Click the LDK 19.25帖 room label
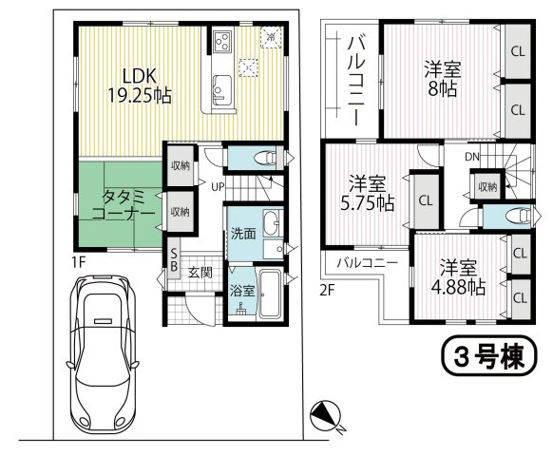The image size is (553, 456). [140, 85]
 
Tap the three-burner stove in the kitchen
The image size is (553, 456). [222, 41]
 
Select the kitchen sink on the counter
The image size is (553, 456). [221, 90]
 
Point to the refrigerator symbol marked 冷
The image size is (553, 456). [271, 37]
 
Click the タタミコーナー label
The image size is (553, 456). [124, 206]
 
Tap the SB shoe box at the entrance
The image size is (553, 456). [174, 259]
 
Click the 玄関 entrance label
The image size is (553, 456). [200, 272]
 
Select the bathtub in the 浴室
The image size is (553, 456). [270, 293]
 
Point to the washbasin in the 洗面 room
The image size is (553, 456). [271, 223]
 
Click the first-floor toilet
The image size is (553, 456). [268, 158]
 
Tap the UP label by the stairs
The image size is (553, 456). [218, 186]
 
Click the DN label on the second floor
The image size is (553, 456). [472, 157]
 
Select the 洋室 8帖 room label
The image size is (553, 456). [443, 79]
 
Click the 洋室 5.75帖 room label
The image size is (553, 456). [367, 193]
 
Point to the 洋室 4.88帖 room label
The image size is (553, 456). [458, 277]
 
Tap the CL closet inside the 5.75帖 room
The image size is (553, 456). [426, 201]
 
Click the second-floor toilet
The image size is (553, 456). [519, 216]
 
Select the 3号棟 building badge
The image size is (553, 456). [489, 354]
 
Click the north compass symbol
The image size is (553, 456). [326, 416]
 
